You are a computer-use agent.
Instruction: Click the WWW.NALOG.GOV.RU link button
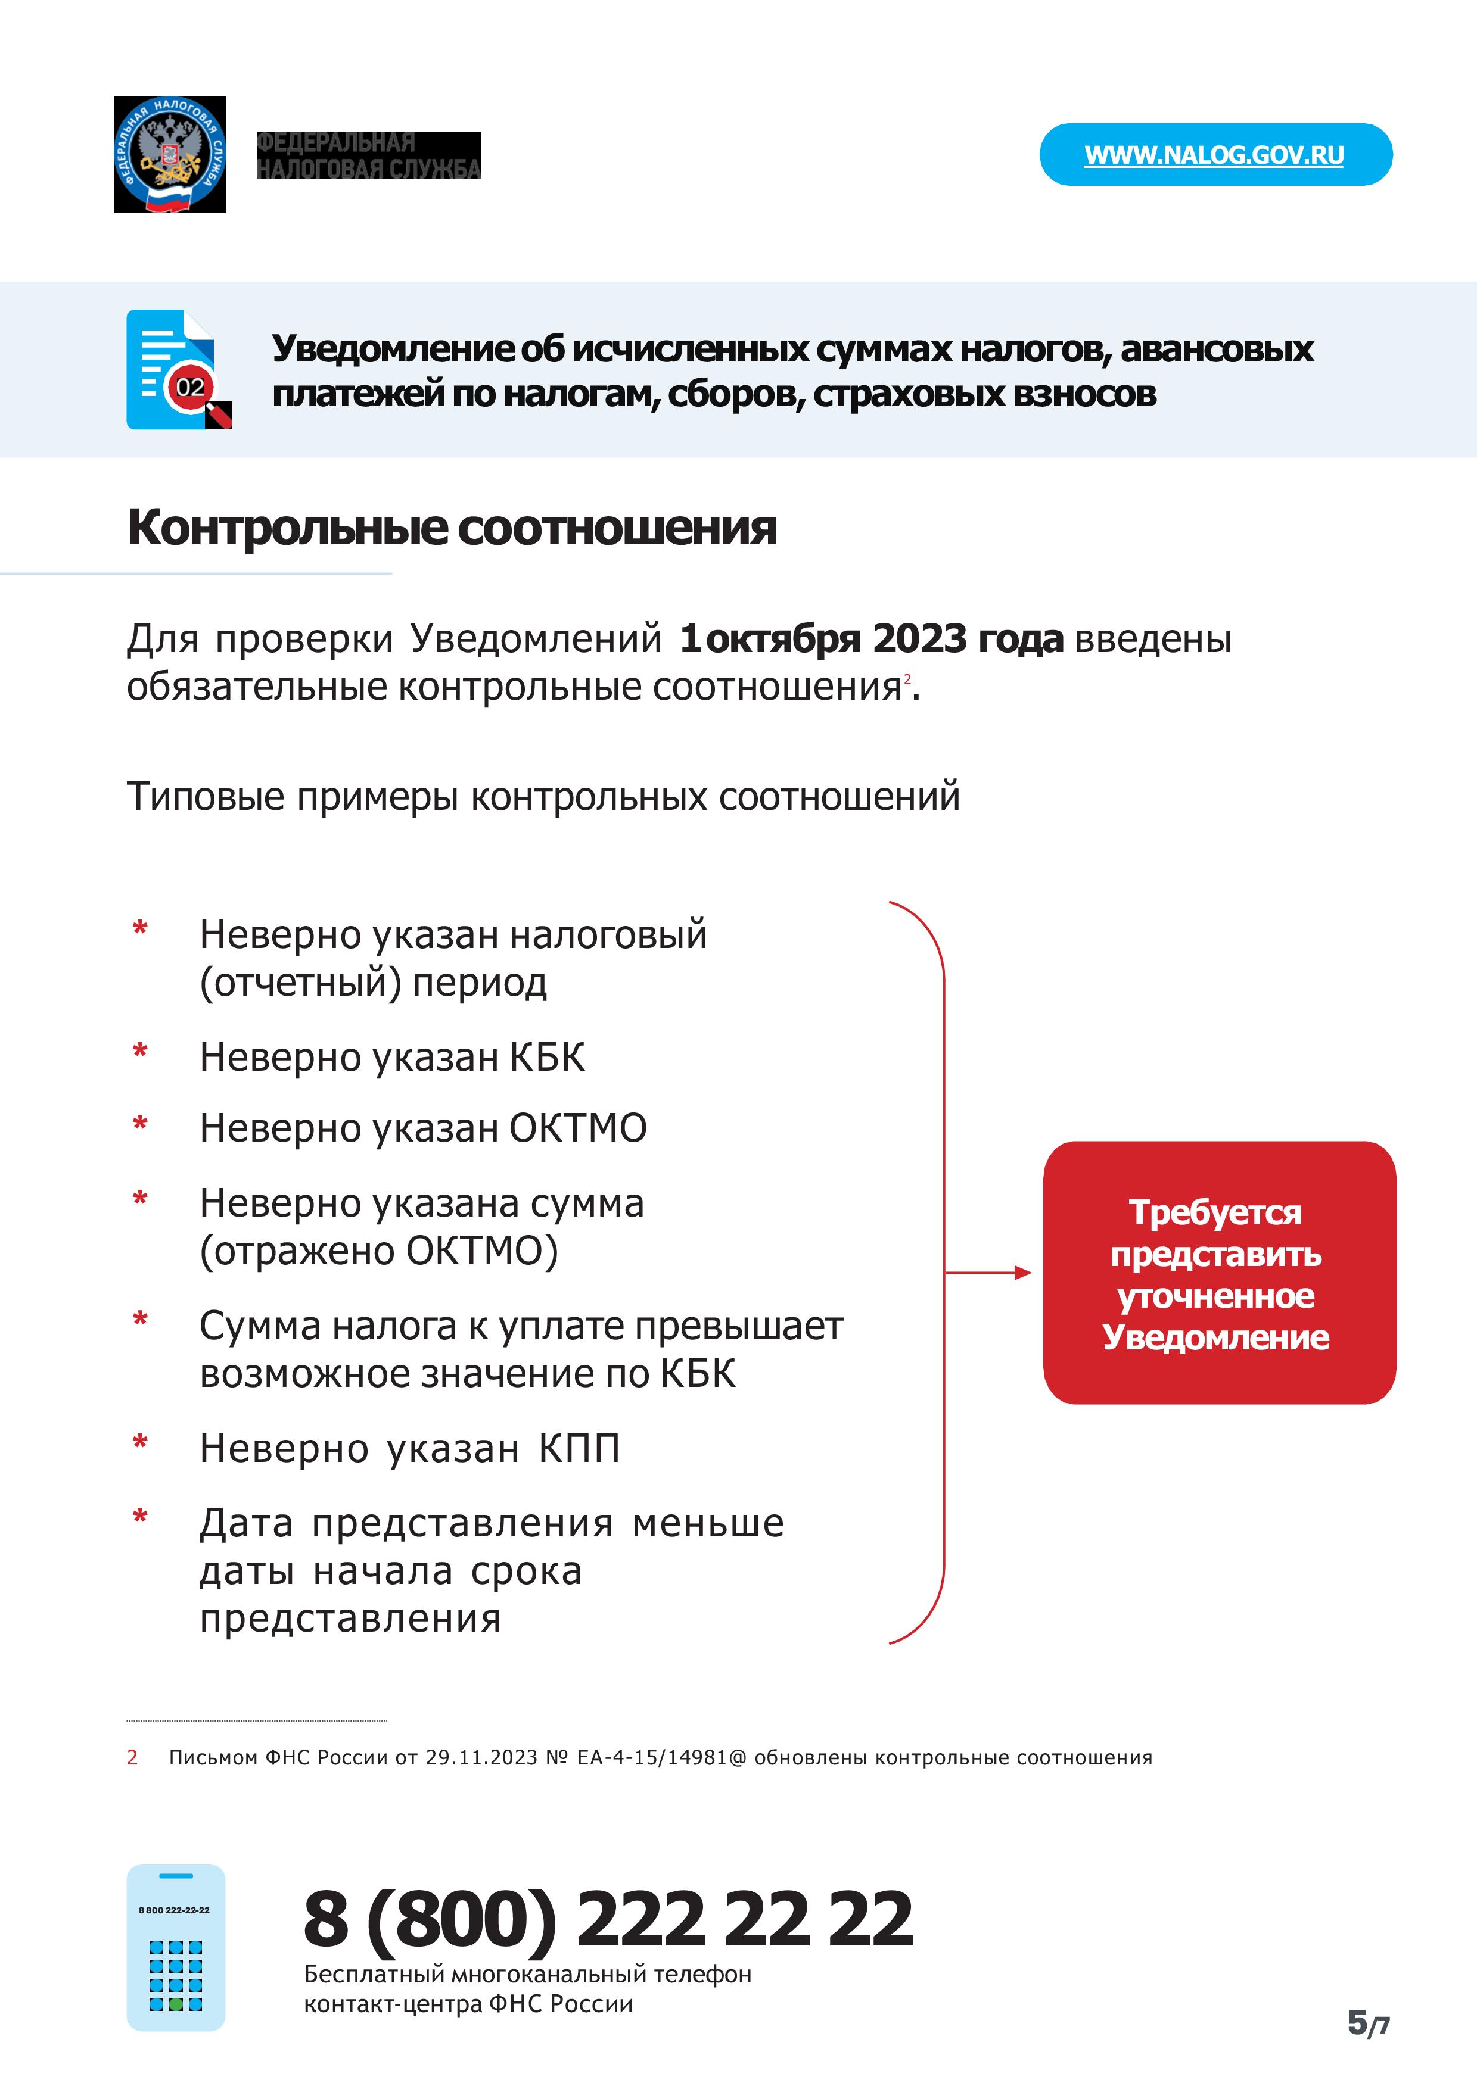point(1214,155)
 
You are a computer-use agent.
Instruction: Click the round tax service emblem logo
point(170,155)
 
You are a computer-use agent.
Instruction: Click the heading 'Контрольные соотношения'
point(452,528)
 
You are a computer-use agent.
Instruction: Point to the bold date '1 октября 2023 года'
point(871,639)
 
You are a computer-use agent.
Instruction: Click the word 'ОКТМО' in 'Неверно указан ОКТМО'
point(578,1128)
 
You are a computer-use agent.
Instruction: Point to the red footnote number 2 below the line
point(132,1758)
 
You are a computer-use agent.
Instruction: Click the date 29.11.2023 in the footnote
point(481,1758)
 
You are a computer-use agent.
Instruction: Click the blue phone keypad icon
point(176,1948)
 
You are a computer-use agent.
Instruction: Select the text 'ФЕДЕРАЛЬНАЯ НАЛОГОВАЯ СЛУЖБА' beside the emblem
point(369,155)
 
